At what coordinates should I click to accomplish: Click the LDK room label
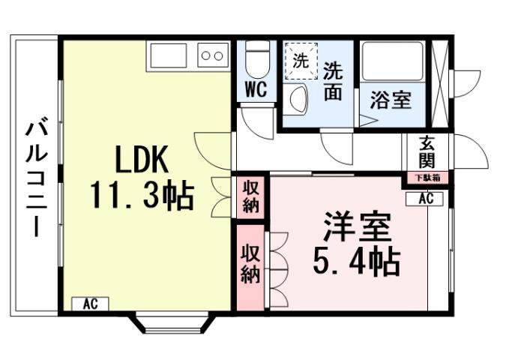[x=143, y=159]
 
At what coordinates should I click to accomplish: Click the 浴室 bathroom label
[x=391, y=100]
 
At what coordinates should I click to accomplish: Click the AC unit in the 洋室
[x=425, y=199]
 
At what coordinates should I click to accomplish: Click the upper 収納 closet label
[x=250, y=196]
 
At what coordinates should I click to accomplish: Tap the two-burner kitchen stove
[x=212, y=55]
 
